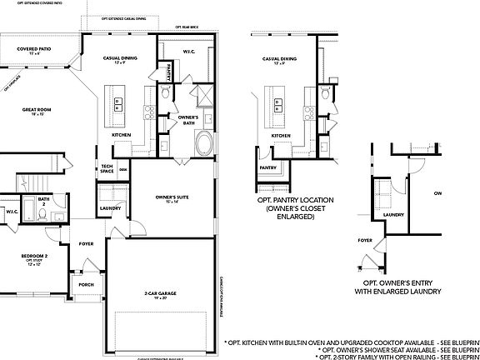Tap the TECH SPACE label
[107, 168]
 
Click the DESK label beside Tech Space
[122, 169]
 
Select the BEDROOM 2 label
[34, 257]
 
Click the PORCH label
[86, 283]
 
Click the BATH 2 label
[43, 201]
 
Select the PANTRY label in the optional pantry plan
[267, 167]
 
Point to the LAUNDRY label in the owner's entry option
[393, 214]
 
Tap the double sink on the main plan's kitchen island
[118, 103]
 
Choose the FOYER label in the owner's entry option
[364, 239]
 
